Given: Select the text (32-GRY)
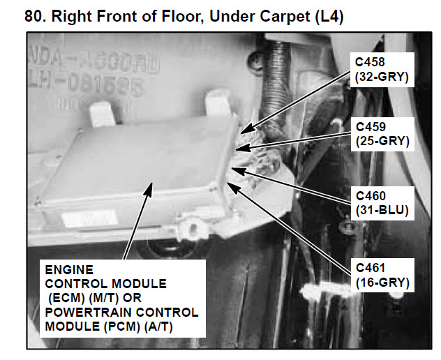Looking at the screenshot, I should [382, 77].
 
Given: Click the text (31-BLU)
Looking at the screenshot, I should [381, 209].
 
